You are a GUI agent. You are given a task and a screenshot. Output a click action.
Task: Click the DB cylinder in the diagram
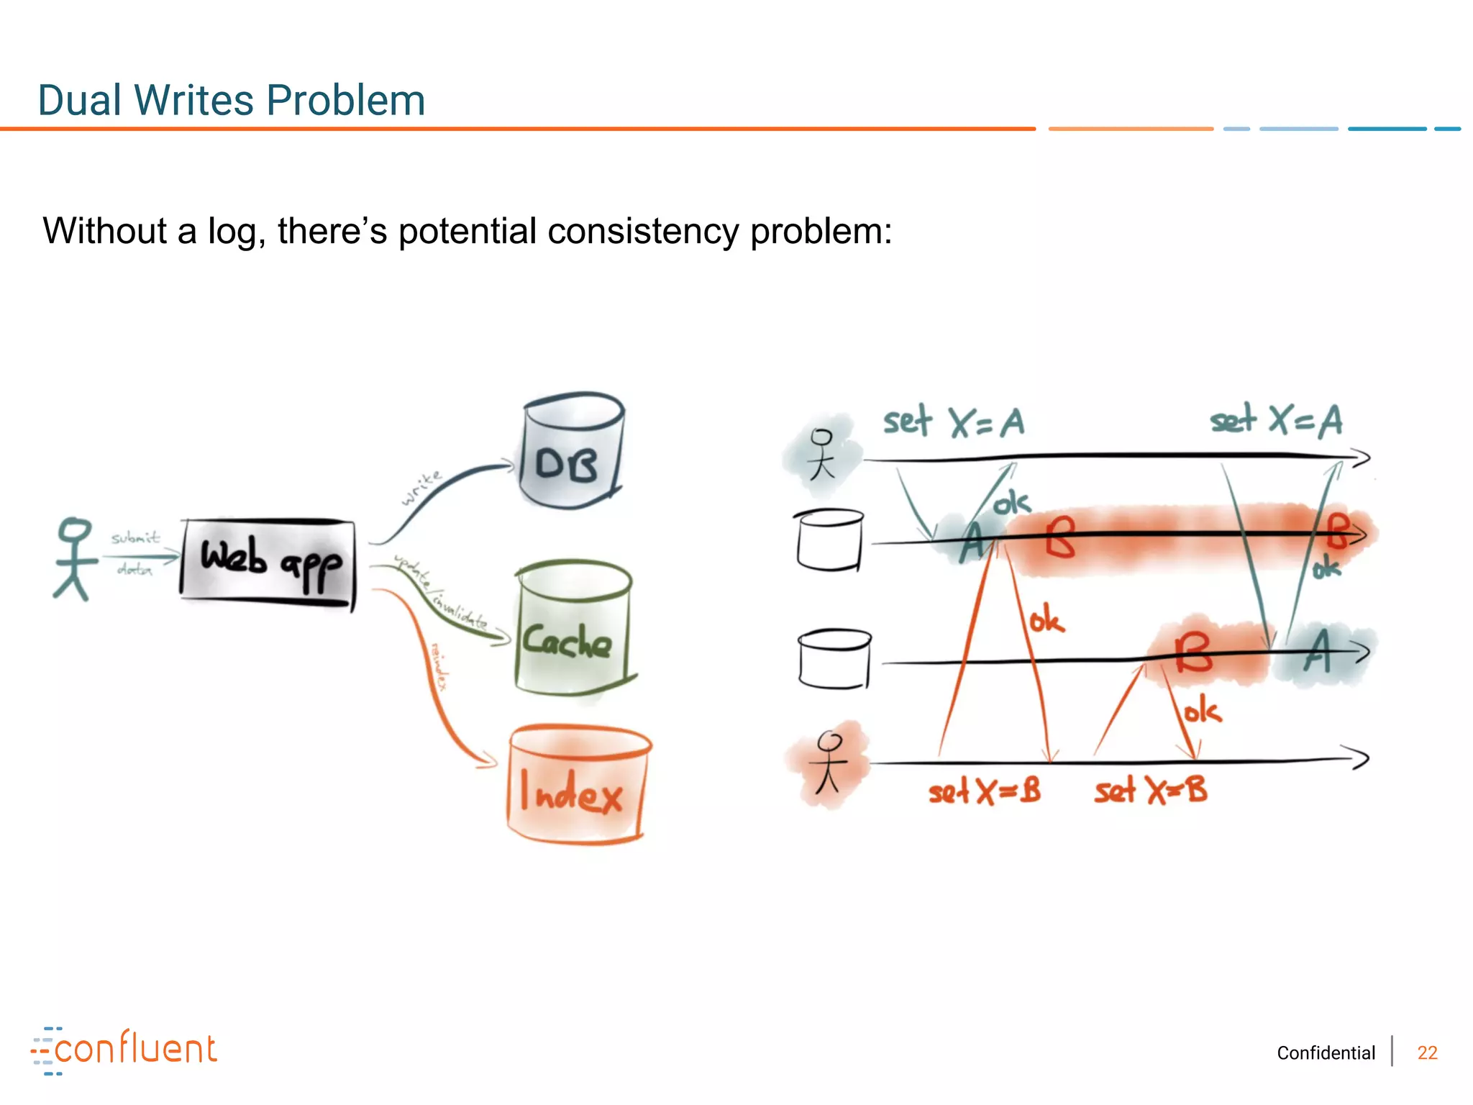(570, 452)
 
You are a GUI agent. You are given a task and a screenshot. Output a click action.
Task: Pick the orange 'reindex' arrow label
(439, 665)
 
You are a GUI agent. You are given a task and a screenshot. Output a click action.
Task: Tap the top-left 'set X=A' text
(954, 422)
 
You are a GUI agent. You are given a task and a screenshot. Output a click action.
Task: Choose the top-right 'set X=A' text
(1276, 420)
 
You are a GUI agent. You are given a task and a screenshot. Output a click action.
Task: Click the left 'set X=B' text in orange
(984, 792)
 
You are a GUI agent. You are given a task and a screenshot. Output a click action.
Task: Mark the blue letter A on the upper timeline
(972, 543)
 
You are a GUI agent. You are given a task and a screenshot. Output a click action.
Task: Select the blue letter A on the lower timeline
(1318, 651)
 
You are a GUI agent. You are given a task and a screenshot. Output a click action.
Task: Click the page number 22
(1427, 1052)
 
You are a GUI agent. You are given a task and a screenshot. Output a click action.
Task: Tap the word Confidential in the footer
(1326, 1052)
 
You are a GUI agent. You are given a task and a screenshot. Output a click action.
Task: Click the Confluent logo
(124, 1050)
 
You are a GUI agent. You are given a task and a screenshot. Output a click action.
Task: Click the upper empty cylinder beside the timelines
(829, 540)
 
